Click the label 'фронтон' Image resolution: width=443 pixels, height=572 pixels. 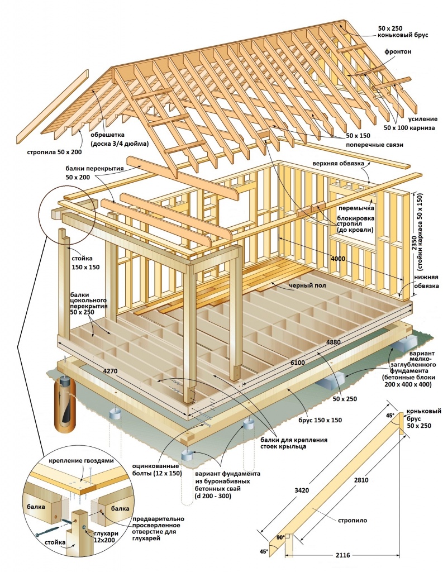click(398, 51)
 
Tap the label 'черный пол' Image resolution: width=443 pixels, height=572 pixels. click(307, 286)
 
